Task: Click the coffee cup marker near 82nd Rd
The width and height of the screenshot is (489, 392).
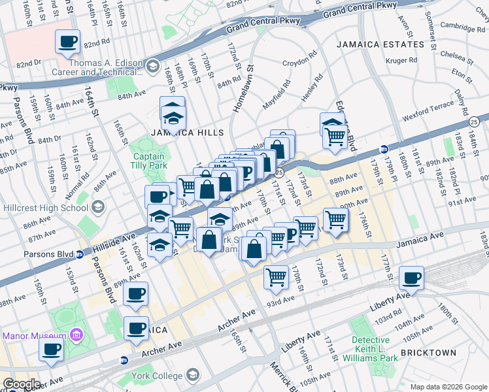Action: pyautogui.click(x=67, y=42)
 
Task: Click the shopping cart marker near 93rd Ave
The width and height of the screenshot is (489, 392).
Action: pyautogui.click(x=276, y=278)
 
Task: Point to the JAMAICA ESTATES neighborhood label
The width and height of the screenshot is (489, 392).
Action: pyautogui.click(x=380, y=44)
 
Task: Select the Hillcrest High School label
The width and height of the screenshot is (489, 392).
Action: pyautogui.click(x=45, y=208)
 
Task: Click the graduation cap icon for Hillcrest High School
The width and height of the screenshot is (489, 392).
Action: pyautogui.click(x=98, y=208)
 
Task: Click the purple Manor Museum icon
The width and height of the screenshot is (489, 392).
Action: pyautogui.click(x=76, y=336)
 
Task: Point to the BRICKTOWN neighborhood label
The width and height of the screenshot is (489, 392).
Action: pyautogui.click(x=428, y=353)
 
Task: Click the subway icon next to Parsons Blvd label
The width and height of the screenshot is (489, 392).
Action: pyautogui.click(x=79, y=254)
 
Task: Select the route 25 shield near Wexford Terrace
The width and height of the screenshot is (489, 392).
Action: pyautogui.click(x=474, y=121)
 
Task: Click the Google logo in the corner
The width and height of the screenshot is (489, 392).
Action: pyautogui.click(x=21, y=384)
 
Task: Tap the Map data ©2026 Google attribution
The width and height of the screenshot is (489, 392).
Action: pyautogui.click(x=448, y=387)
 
